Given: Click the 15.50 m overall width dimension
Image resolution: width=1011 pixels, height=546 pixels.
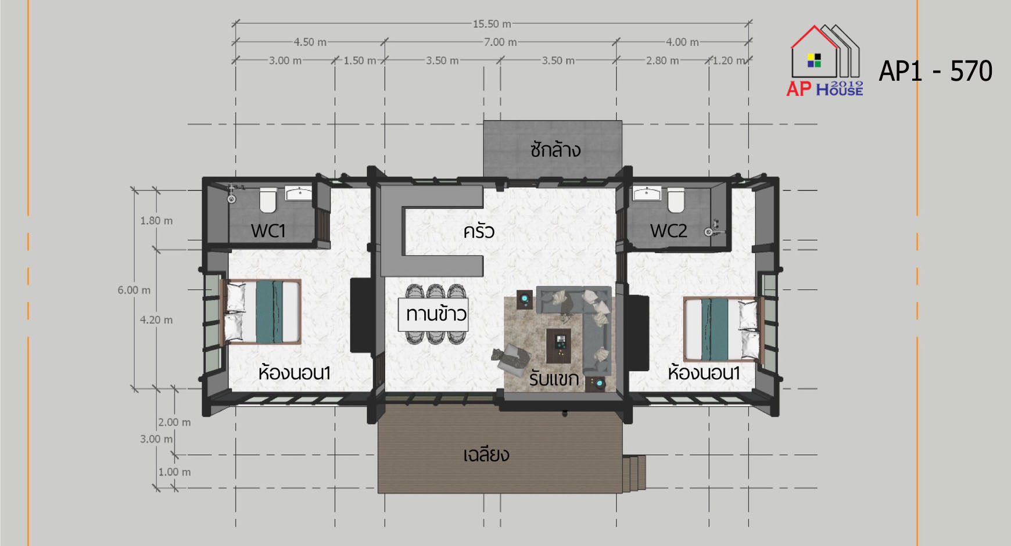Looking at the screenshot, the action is pos(492,24).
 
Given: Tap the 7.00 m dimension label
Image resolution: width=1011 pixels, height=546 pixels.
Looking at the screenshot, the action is pos(500,42).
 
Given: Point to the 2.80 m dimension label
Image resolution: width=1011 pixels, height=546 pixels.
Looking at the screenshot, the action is pos(662,60).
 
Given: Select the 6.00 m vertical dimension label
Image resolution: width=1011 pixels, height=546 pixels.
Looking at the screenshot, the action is pos(134,290).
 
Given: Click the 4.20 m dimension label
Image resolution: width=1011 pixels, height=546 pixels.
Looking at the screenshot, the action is pos(156,320).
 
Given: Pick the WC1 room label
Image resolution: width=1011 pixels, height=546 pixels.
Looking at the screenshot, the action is pos(268,231).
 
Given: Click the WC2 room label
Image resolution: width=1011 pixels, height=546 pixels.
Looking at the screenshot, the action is pos(669,231).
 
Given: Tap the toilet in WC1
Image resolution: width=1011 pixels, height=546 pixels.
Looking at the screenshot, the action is pos(268,199).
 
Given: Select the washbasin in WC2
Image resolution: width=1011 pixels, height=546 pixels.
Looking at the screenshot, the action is pos(646,193).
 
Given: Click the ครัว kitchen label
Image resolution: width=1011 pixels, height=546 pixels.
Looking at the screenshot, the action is pos(479,231).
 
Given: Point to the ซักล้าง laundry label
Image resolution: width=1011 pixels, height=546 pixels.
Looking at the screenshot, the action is pos(555,150).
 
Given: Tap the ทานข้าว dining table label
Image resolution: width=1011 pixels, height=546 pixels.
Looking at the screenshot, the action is pos(436,314).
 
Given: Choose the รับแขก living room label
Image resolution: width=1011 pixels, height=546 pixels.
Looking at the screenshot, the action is pos(554,379).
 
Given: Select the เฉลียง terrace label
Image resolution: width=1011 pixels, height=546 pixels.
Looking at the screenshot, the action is pos(486,454).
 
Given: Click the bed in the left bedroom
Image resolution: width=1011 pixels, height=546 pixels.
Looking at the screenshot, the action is pos(261,312).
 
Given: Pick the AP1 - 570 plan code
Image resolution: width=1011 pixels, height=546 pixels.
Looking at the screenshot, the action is pos(935,71).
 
